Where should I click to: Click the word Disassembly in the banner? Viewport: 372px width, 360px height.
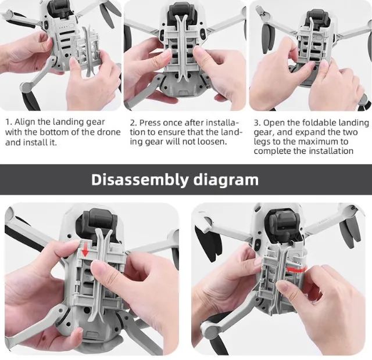point(138,179)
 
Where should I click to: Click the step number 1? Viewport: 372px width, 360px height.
point(8,123)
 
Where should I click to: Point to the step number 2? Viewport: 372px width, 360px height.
point(133,123)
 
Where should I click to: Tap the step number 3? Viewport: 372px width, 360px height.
point(257,123)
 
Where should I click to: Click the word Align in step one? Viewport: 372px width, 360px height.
point(26,123)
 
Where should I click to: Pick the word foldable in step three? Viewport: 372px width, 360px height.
point(319,123)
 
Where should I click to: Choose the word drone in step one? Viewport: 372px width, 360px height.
point(108,132)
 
